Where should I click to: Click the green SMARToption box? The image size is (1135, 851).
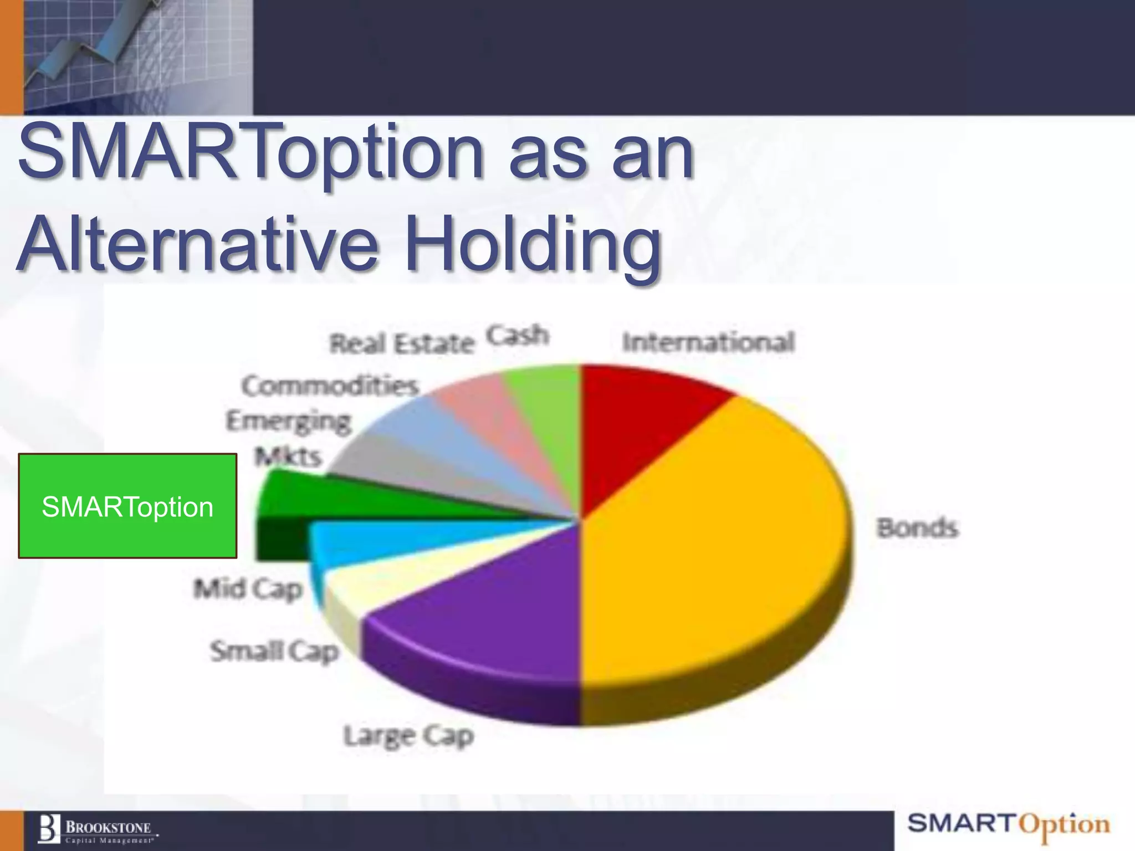coord(127,505)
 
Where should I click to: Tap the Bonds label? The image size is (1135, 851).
coord(917,527)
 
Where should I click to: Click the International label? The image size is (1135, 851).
coord(708,342)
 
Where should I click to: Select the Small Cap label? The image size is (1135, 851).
coord(274,651)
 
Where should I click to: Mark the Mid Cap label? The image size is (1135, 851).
coord(248,588)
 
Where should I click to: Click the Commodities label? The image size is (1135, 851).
coord(330,386)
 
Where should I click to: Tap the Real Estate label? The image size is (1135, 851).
coord(402,344)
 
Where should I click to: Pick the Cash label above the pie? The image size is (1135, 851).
coord(518,335)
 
